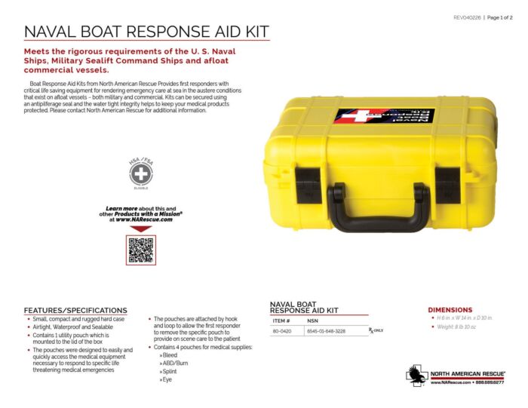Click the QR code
tap(140, 250)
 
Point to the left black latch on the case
tap(309, 185)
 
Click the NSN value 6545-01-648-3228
tap(326, 330)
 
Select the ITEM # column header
tap(281, 321)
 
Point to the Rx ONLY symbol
tap(376, 330)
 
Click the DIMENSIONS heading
tap(450, 309)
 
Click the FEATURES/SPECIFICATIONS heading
tap(75, 310)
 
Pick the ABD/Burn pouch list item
tap(174, 363)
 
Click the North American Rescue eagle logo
tap(416, 374)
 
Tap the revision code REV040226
tap(468, 17)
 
